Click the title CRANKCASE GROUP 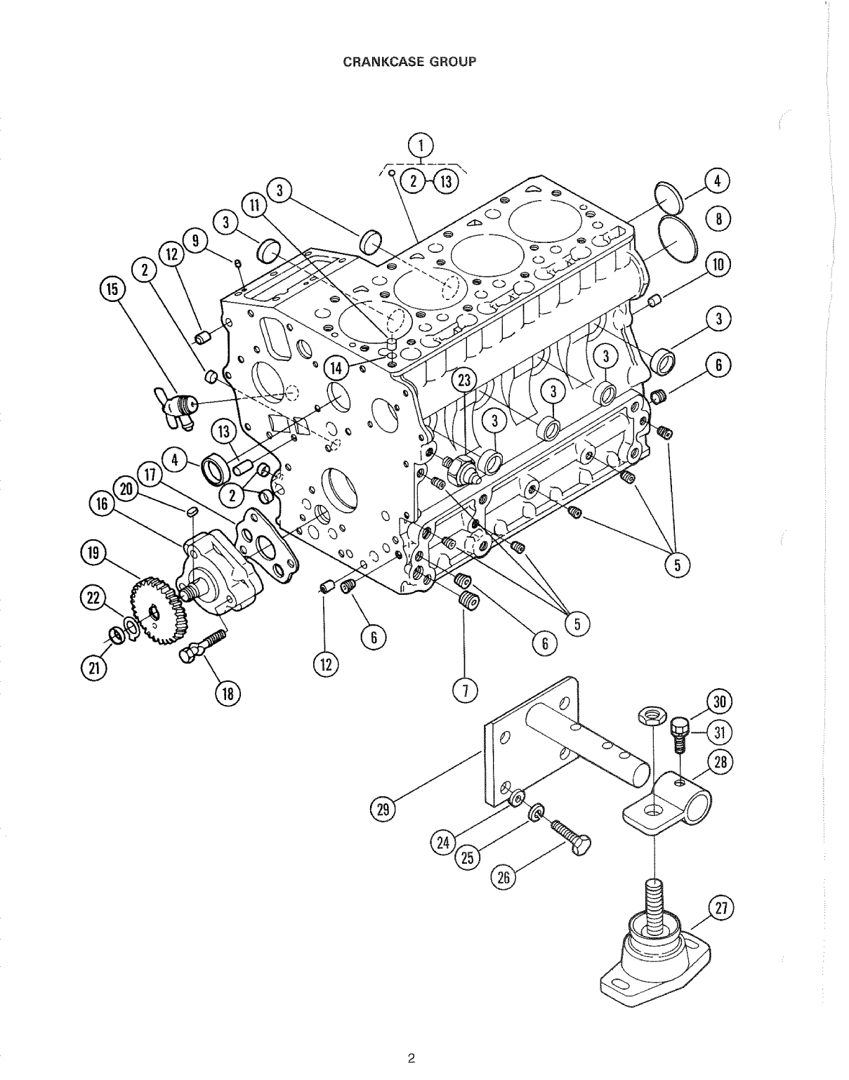click(x=409, y=61)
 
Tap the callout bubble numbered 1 click(x=421, y=147)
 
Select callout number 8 click(x=717, y=219)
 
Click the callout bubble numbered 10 click(x=717, y=265)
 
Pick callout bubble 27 click(x=717, y=908)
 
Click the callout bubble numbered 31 click(x=717, y=732)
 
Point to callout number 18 click(x=227, y=694)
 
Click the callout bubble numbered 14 click(x=336, y=366)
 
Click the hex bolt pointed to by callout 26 click(x=569, y=837)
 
